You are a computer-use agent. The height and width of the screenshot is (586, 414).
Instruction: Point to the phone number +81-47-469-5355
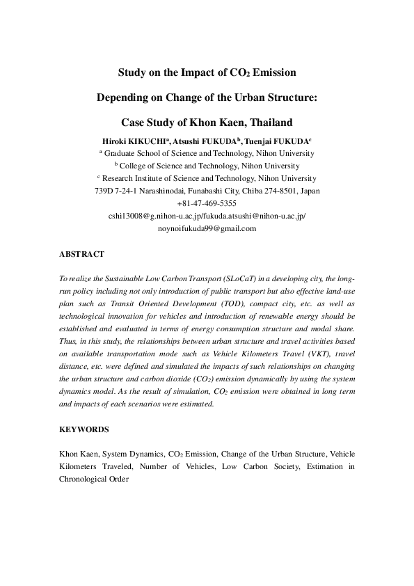click(x=207, y=203)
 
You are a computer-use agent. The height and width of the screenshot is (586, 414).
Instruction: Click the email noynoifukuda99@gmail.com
click(x=207, y=228)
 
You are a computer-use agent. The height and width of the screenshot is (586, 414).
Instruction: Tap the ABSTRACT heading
click(x=82, y=255)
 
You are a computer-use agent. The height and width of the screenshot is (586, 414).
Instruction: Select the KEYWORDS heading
click(x=84, y=430)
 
